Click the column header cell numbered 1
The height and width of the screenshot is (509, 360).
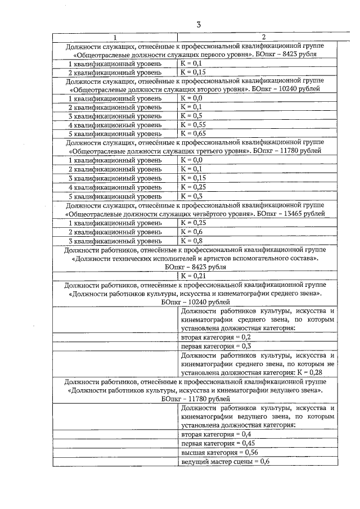click(x=115, y=37)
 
